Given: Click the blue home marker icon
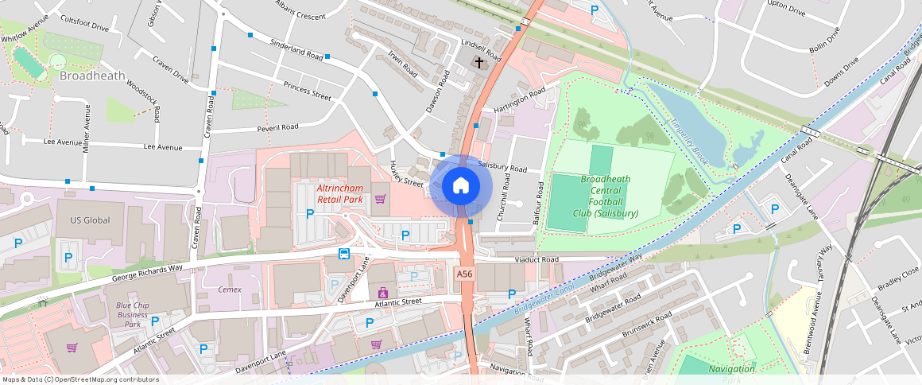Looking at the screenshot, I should coord(461,187).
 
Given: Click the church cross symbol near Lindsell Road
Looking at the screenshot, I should coord(478,62).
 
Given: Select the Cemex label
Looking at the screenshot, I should coord(230,290).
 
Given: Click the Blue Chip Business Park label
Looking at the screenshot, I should coord(127,315).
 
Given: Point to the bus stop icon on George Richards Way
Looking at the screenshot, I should coord(344,254).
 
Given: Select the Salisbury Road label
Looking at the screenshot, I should coord(502,168).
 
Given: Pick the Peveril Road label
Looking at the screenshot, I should coord(277,127).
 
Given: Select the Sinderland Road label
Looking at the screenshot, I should coord(296,49).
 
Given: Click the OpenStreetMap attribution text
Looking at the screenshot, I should coord(79,379).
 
